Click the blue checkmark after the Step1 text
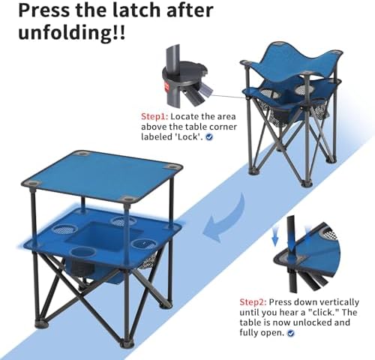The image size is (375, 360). pos(209,138)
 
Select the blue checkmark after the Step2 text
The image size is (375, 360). pos(290,333)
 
